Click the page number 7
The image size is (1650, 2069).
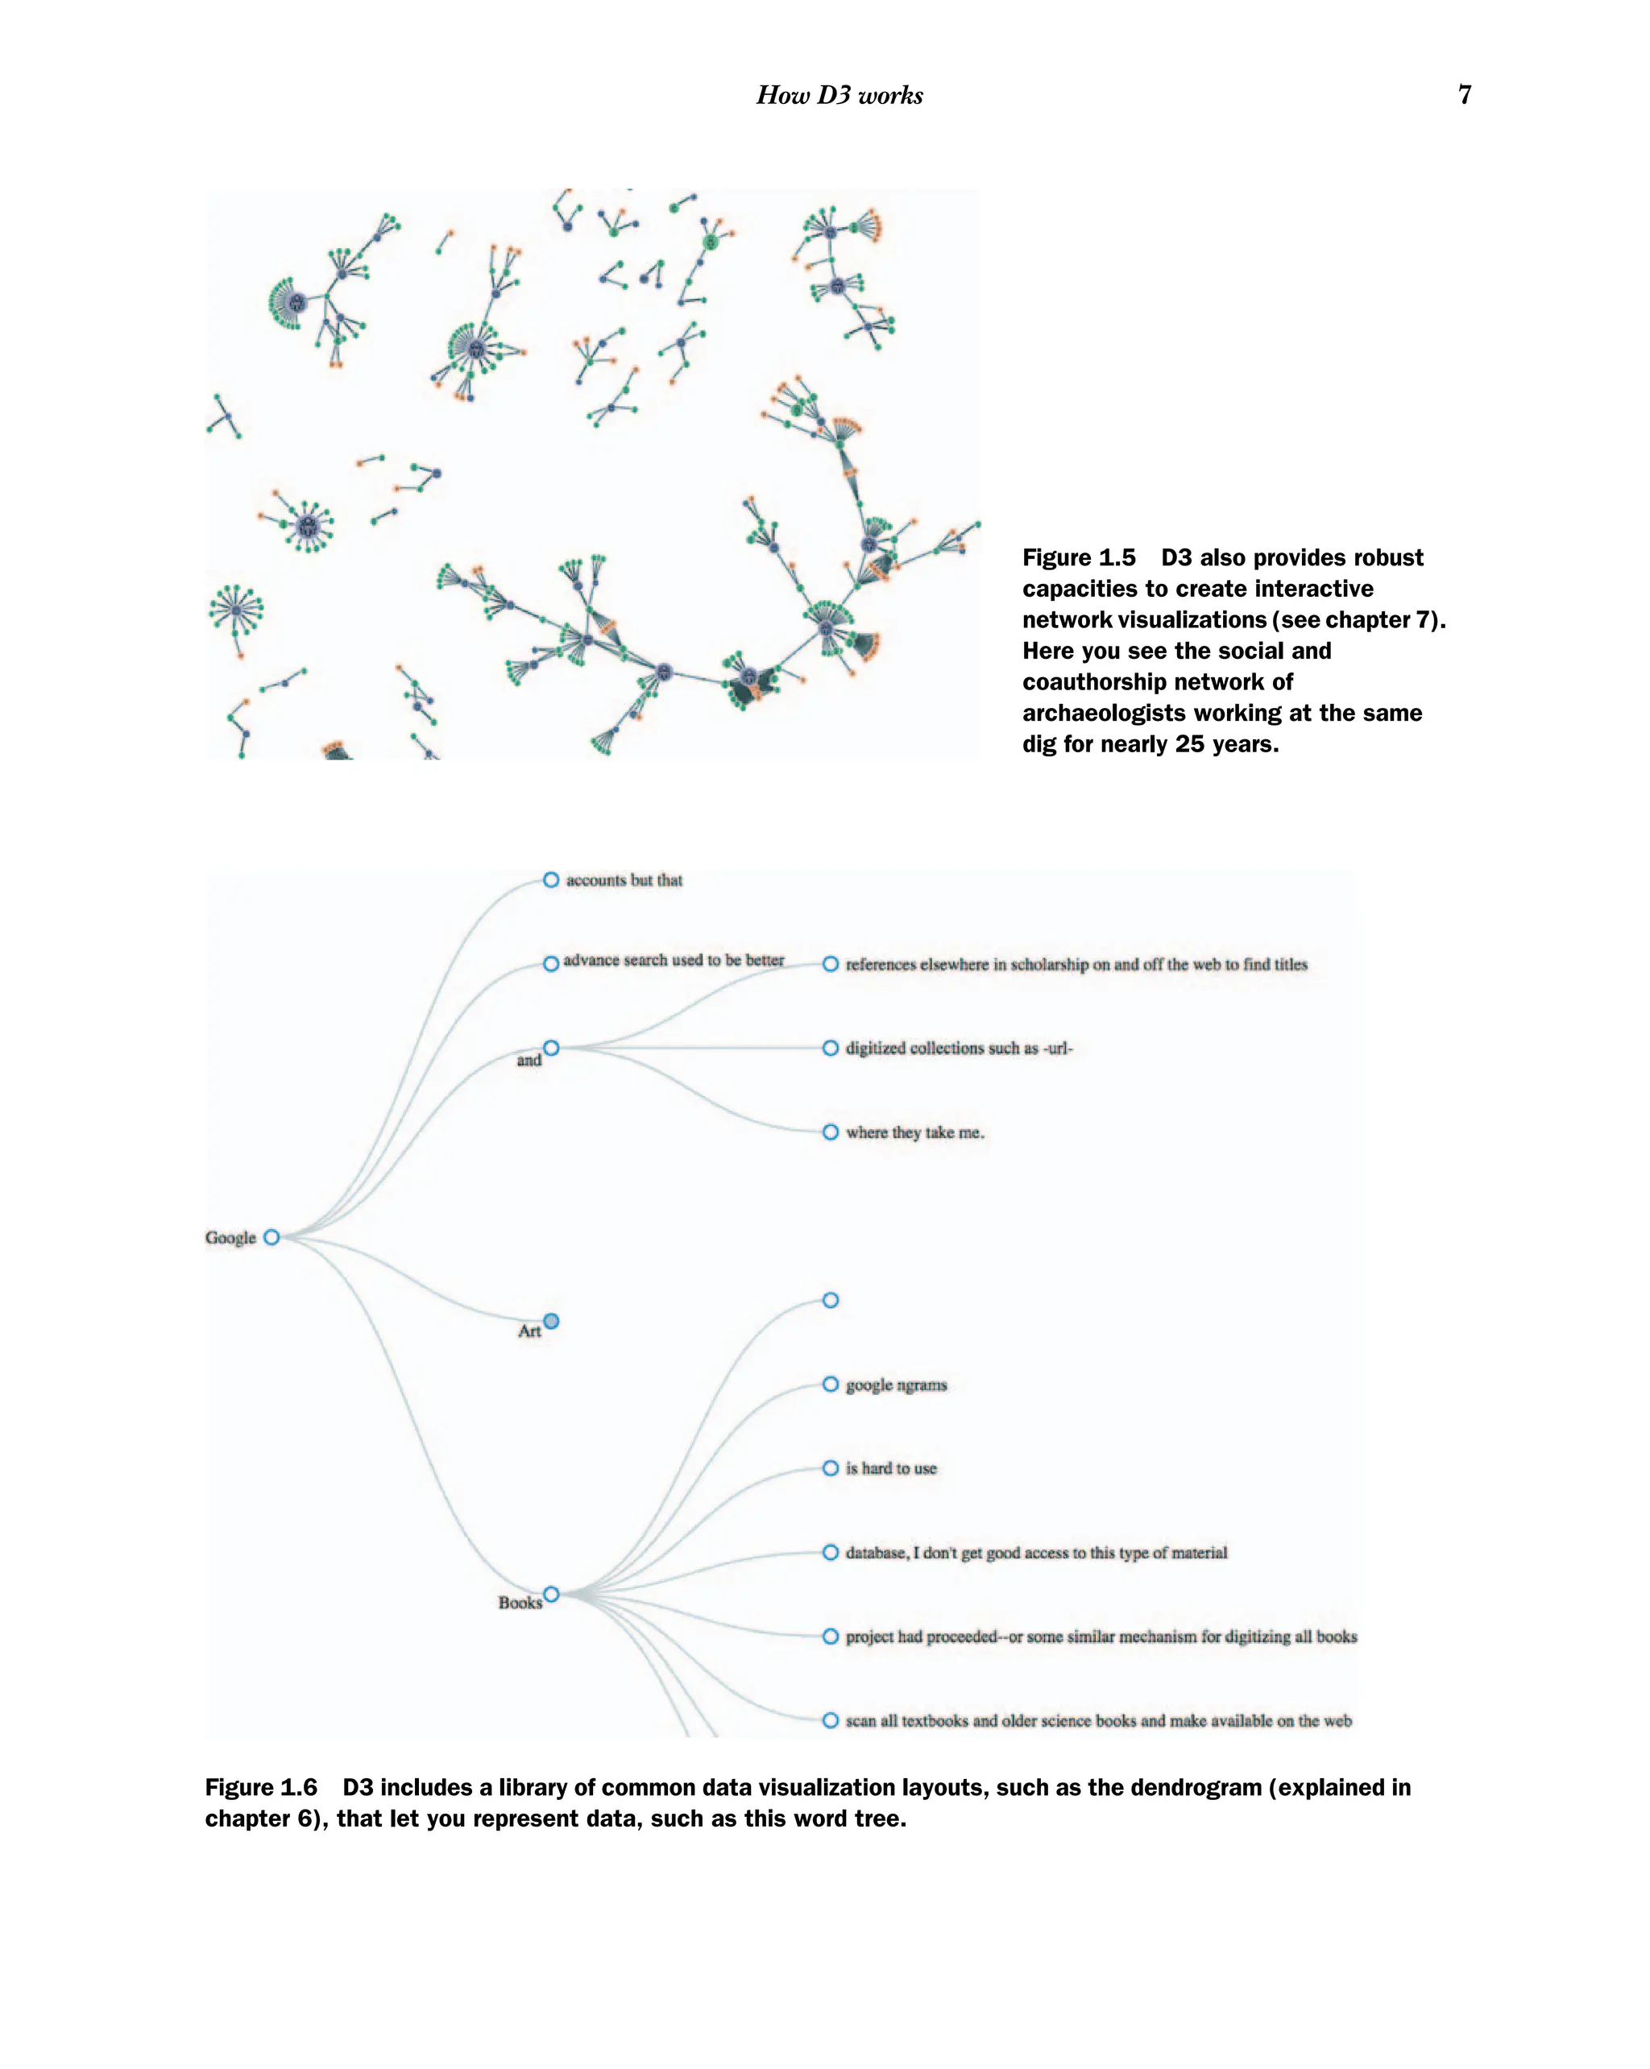(x=1464, y=94)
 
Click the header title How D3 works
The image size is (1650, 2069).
(x=839, y=95)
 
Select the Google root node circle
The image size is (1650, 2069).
(x=272, y=1237)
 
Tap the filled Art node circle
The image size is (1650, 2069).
(x=551, y=1322)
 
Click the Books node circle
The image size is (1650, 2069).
(x=551, y=1594)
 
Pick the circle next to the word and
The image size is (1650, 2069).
(x=551, y=1048)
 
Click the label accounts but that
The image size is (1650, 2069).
(x=624, y=880)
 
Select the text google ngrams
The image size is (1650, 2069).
(x=896, y=1384)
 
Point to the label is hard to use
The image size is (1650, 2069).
(x=891, y=1468)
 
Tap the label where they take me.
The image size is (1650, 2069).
(x=914, y=1132)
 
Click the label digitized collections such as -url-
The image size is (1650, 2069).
(x=959, y=1048)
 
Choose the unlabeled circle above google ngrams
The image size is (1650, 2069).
(x=831, y=1301)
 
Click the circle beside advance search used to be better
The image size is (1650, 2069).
(x=551, y=963)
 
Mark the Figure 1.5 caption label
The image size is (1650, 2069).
(x=1078, y=557)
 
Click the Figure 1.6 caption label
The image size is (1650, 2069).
(x=261, y=1787)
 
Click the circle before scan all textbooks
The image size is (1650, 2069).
(x=831, y=1720)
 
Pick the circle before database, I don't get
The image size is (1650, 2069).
(x=831, y=1553)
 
